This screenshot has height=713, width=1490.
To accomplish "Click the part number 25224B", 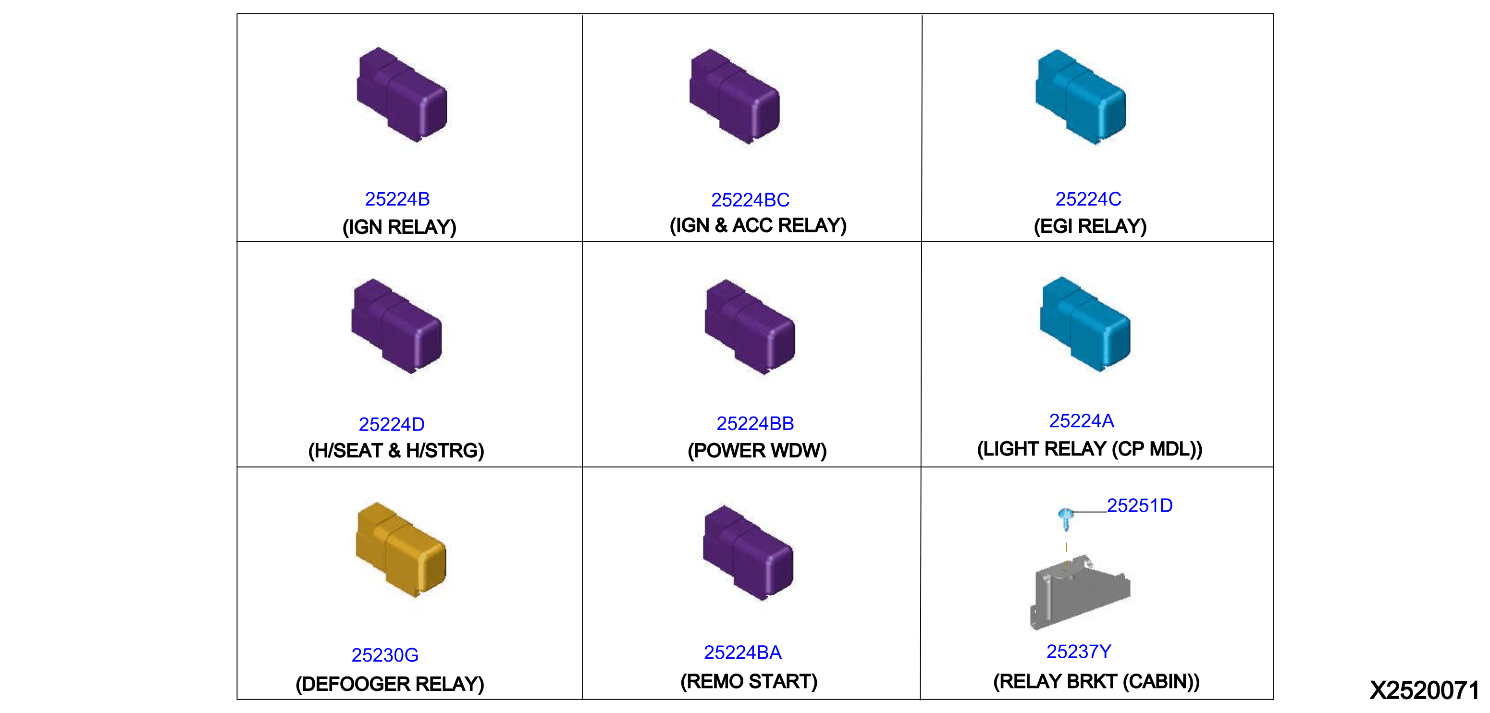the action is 397,199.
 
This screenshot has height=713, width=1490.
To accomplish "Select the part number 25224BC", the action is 750,199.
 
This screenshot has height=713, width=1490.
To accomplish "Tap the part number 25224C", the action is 1088,199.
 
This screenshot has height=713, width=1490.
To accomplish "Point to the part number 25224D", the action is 392,424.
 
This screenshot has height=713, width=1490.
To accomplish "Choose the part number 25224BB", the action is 755,423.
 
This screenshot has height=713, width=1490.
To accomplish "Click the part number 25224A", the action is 1081,420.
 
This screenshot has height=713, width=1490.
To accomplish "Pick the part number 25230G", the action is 385,654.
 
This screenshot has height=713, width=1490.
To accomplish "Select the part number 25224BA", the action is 743,652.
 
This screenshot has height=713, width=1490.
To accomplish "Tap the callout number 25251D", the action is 1139,505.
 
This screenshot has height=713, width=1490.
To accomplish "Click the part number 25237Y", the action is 1079,652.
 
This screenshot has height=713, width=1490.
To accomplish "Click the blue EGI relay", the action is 1081,97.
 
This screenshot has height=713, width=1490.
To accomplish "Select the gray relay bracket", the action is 1079,591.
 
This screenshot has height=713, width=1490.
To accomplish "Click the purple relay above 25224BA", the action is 748,553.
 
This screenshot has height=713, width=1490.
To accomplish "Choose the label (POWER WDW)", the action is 757,451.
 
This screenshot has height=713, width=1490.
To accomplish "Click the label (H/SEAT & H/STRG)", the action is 396,451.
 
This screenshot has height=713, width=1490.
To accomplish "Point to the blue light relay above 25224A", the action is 1085,324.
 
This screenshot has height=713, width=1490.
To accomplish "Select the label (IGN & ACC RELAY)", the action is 758,225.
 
